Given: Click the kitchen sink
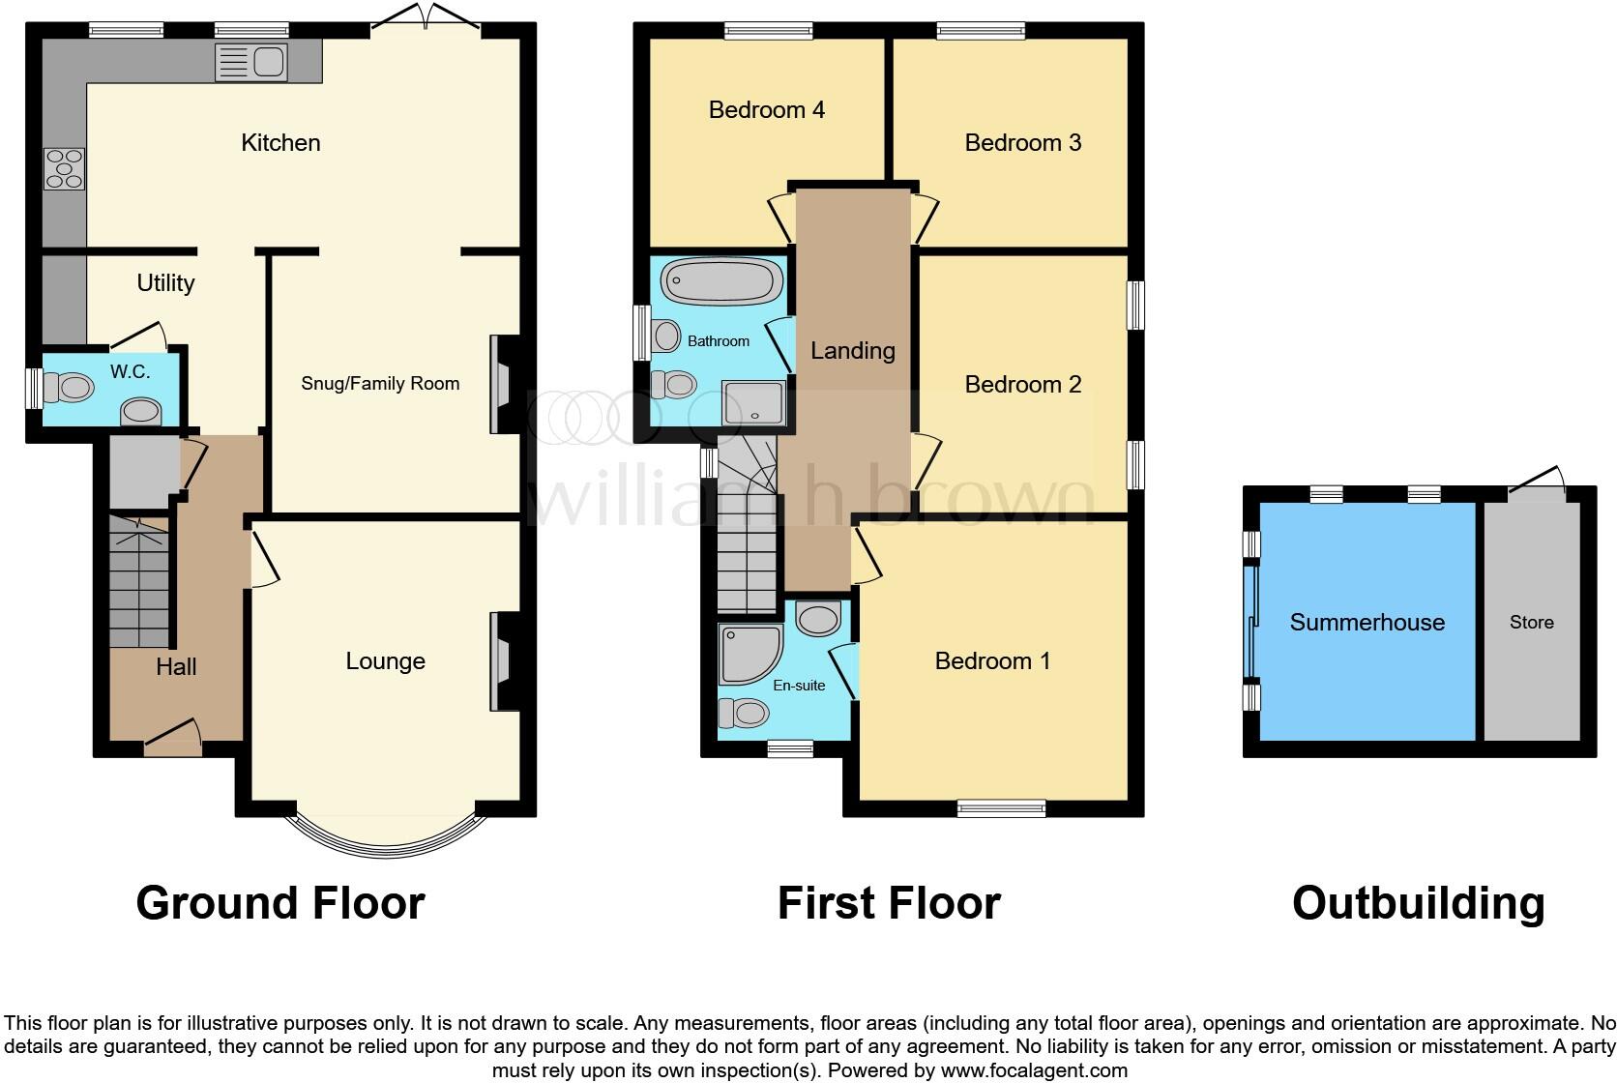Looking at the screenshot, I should pyautogui.click(x=251, y=63).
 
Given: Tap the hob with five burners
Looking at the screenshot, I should pyautogui.click(x=64, y=169).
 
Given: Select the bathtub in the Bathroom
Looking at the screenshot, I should pyautogui.click(x=721, y=282).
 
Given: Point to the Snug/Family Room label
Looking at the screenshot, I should pyautogui.click(x=380, y=384).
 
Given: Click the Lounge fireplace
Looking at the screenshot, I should pyautogui.click(x=504, y=662).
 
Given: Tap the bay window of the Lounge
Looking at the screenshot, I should pyautogui.click(x=386, y=837).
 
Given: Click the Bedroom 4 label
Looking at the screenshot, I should pyautogui.click(x=766, y=110).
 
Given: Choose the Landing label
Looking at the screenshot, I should pyautogui.click(x=852, y=351).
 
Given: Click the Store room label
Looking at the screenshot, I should pyautogui.click(x=1531, y=623).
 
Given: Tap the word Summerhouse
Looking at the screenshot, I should pyautogui.click(x=1367, y=623).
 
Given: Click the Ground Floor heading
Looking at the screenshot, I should pyautogui.click(x=280, y=903).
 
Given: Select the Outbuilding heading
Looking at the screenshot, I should pyautogui.click(x=1418, y=903).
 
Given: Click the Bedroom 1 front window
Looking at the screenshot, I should pyautogui.click(x=1001, y=807).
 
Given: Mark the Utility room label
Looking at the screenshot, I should pyautogui.click(x=165, y=283).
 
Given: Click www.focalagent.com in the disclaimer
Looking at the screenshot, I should pyautogui.click(x=1033, y=1070).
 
